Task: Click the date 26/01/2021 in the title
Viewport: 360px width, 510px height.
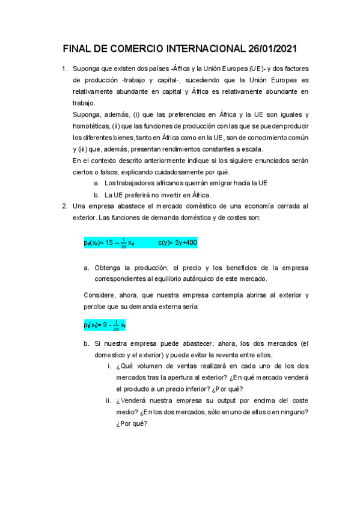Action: [269, 49]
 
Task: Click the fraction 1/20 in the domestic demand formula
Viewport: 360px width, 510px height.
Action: [123, 243]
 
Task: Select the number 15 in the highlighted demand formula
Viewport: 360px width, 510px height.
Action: [109, 243]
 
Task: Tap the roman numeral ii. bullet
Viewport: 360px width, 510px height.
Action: [108, 400]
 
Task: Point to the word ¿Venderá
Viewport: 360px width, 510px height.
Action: [133, 400]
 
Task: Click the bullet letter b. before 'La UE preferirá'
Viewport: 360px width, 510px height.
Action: [96, 194]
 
